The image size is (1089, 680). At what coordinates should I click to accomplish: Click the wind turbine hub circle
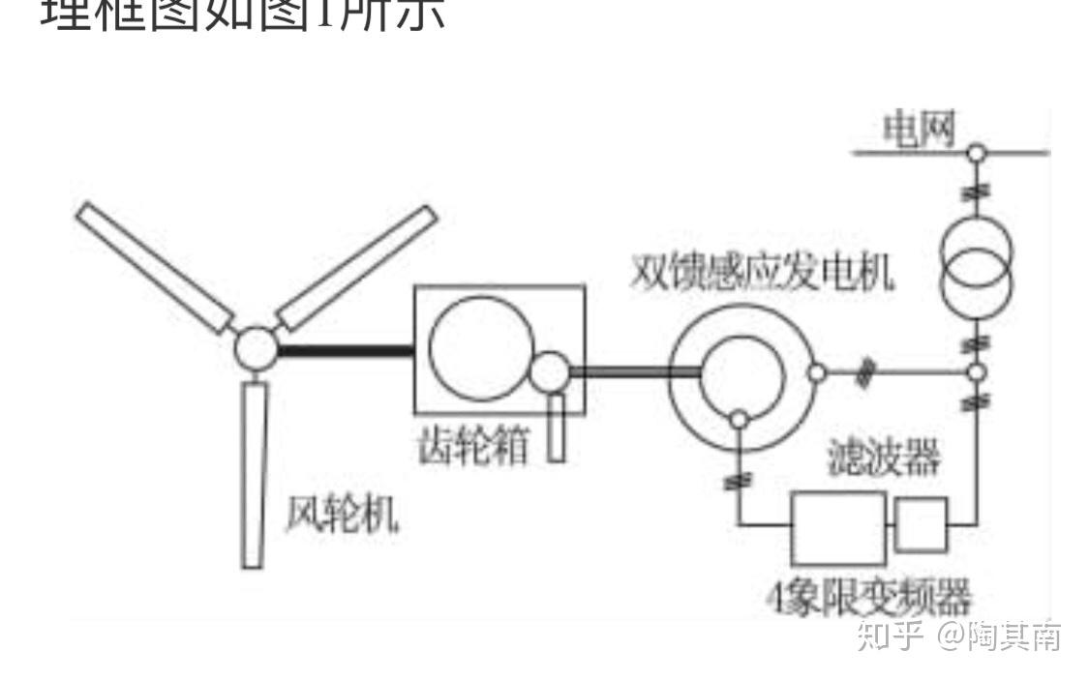click(256, 347)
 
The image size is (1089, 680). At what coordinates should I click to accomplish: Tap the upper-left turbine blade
click(155, 266)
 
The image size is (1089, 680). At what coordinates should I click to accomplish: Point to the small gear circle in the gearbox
click(551, 371)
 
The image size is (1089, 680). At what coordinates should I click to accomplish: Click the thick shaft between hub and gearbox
click(345, 350)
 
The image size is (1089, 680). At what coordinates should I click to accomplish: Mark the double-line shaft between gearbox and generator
click(634, 370)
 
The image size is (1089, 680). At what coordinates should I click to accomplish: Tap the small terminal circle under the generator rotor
click(739, 419)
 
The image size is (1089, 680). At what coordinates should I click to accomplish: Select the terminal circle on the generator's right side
click(816, 372)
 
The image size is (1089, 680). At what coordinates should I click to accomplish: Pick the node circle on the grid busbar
click(978, 152)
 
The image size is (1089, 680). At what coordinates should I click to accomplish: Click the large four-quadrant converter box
click(838, 528)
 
